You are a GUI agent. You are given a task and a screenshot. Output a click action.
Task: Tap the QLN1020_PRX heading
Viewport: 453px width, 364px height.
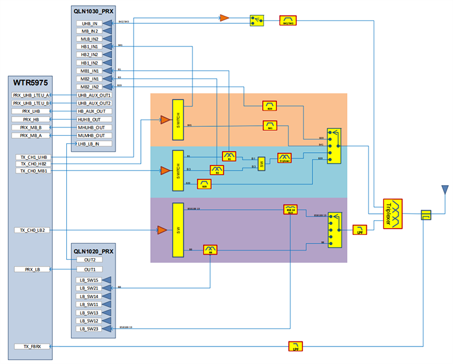pyautogui.click(x=93, y=250)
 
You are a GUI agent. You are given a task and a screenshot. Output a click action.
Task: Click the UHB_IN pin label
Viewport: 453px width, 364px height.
pyautogui.click(x=90, y=23)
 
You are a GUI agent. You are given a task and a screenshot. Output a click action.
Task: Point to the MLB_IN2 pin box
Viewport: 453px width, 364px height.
pyautogui.click(x=90, y=39)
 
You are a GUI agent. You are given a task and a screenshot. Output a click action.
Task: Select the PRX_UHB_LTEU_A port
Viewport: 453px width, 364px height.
pyautogui.click(x=31, y=95)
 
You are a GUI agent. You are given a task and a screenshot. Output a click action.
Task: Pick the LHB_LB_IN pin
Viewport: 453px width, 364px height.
pyautogui.click(x=90, y=144)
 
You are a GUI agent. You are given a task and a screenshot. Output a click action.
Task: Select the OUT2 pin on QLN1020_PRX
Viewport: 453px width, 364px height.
pyautogui.click(x=90, y=259)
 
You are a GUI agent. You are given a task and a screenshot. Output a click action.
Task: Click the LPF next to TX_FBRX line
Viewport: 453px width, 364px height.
pyautogui.click(x=296, y=346)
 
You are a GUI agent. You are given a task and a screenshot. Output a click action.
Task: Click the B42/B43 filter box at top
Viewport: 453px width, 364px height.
pyautogui.click(x=288, y=20)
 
